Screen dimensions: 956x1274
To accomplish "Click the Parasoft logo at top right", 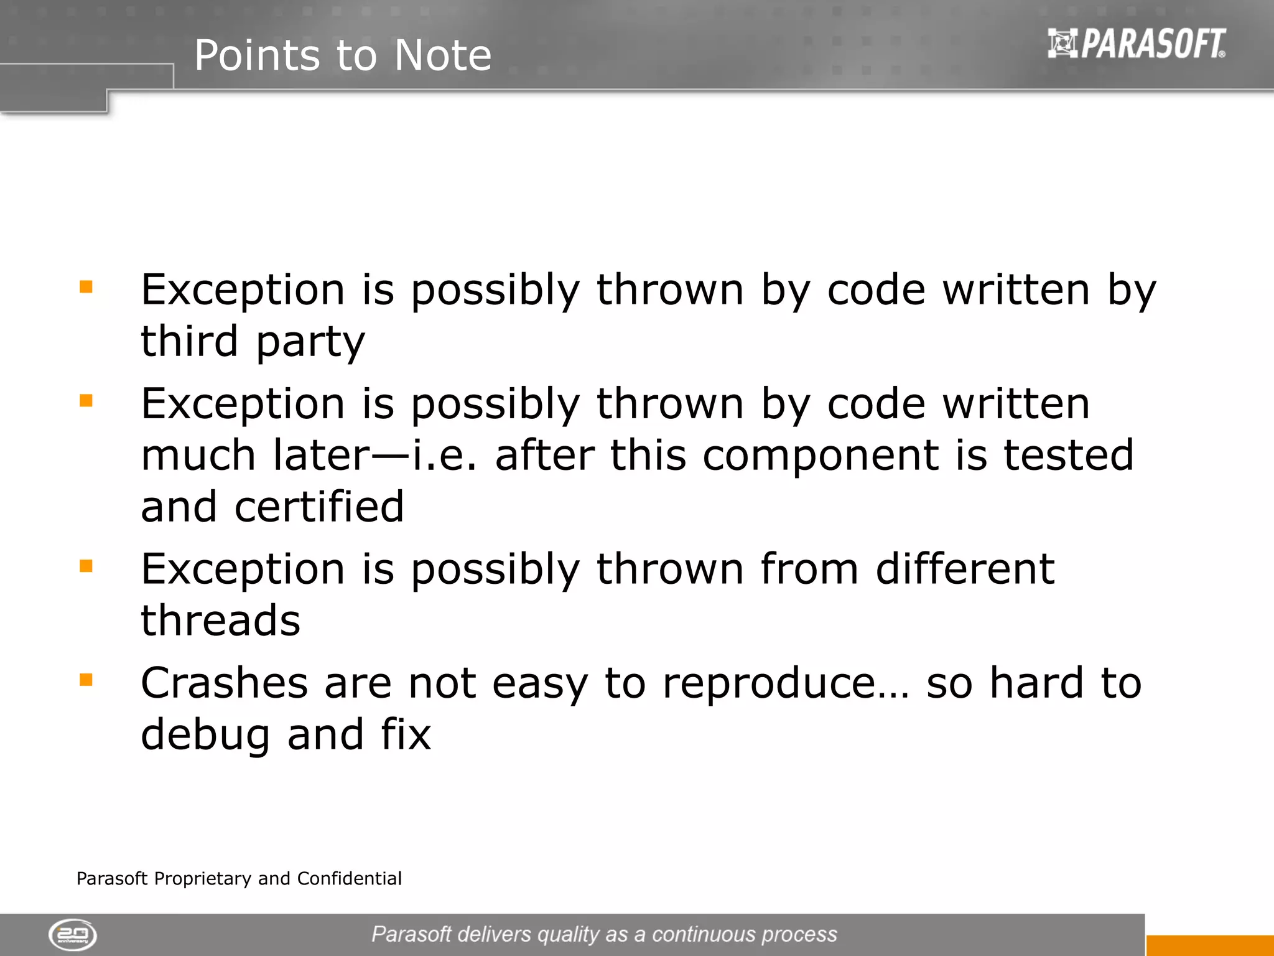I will (x=1137, y=44).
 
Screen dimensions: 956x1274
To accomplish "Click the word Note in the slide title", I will (x=442, y=55).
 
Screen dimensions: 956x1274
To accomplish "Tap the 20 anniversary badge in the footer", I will (x=73, y=934).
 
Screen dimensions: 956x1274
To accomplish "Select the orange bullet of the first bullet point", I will (x=86, y=286).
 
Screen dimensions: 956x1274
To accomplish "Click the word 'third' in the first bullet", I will (x=189, y=341).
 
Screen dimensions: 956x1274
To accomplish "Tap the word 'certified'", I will (x=319, y=507).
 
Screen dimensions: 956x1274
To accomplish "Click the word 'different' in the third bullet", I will (x=965, y=569).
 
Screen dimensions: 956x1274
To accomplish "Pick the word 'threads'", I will (x=220, y=621).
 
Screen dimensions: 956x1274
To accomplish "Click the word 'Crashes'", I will (x=224, y=683).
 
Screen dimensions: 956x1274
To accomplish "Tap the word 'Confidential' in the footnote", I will (x=349, y=878).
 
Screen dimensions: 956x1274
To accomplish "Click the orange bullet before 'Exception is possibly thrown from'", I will (x=86, y=566).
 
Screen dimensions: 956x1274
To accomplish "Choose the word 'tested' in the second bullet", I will (x=1068, y=455).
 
